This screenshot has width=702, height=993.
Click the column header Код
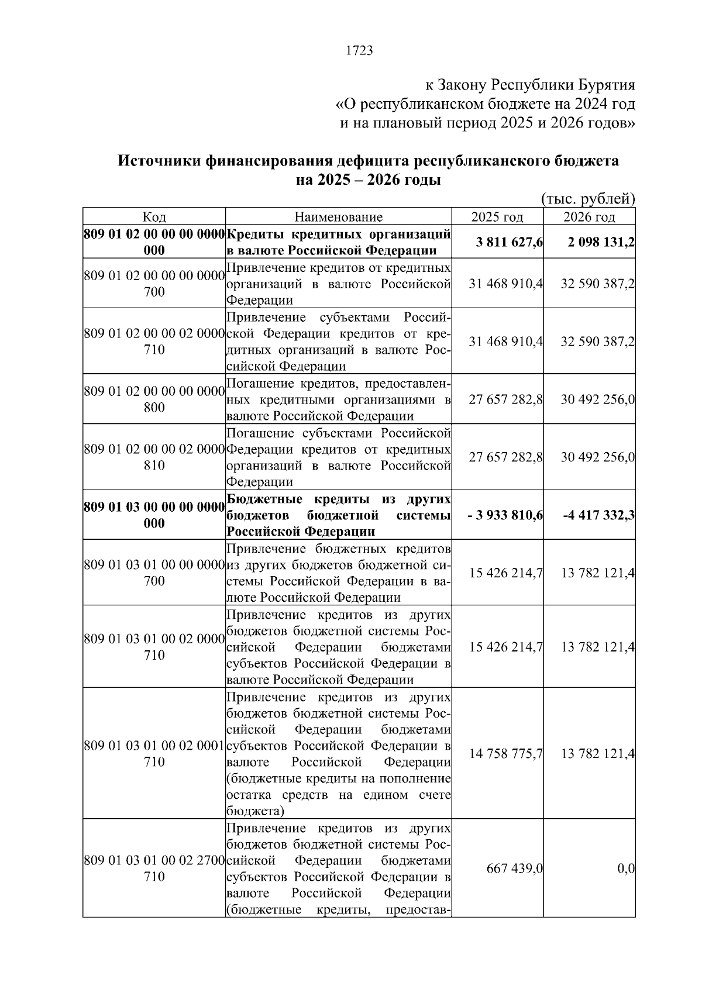tap(154, 217)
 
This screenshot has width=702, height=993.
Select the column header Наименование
tap(338, 217)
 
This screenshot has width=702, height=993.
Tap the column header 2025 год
tap(497, 217)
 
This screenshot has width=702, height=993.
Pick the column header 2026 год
tap(589, 217)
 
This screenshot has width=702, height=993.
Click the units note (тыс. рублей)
tap(588, 199)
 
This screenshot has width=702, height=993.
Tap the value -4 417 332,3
tap(599, 515)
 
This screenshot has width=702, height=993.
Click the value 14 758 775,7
tap(506, 754)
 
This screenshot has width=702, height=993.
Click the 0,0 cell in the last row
tap(626, 869)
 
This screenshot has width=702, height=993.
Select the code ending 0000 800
tap(154, 399)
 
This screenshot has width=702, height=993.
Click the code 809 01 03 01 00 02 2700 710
tap(154, 868)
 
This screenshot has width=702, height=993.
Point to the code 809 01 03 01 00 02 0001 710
tap(154, 753)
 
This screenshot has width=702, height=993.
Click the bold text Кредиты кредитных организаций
tap(338, 235)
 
